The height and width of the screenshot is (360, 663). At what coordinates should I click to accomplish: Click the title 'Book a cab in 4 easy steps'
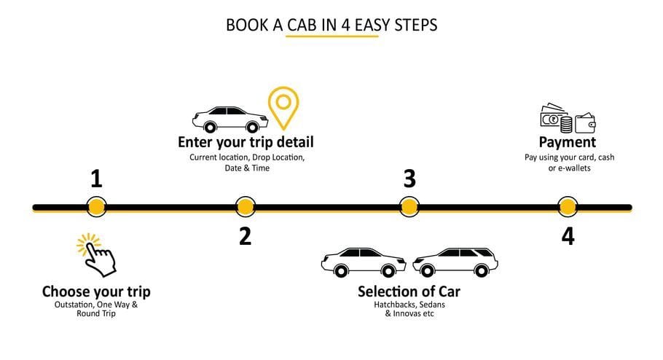[331, 25]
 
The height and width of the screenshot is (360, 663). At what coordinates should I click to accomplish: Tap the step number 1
[95, 179]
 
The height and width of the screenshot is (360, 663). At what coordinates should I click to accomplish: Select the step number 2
[245, 235]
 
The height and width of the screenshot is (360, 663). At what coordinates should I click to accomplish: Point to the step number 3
[409, 179]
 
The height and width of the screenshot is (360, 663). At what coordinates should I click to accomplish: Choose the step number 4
[568, 236]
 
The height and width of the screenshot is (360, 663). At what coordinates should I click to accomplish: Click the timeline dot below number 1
[95, 207]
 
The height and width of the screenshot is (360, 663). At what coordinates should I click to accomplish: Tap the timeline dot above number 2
[246, 207]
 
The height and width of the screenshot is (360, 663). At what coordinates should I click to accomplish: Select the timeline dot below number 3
[409, 207]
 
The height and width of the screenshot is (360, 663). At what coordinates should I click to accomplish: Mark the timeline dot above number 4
[567, 207]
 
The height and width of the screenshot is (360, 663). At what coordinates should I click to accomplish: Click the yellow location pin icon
[283, 106]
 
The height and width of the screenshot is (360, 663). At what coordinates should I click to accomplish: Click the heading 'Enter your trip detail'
[246, 141]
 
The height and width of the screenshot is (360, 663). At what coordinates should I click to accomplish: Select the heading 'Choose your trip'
[96, 291]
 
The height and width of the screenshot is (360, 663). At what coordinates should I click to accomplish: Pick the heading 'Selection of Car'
[409, 291]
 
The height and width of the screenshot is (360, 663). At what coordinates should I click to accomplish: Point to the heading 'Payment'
[567, 141]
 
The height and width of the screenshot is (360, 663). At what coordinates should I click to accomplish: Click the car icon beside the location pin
[229, 119]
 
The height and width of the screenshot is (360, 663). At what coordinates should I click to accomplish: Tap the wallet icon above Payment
[585, 121]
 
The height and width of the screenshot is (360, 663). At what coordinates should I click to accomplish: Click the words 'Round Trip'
[96, 314]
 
